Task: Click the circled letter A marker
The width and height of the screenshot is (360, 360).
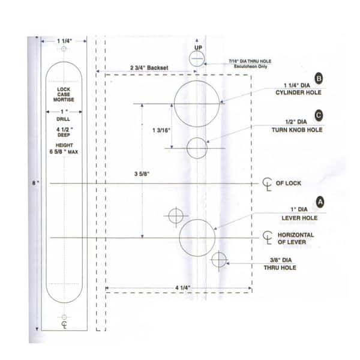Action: point(320,202)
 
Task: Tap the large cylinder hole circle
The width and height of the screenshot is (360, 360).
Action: point(197,103)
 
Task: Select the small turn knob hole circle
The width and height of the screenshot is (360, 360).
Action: point(197,148)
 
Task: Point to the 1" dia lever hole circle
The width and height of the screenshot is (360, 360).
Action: point(197,236)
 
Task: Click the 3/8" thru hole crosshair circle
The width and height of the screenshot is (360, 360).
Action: point(219,260)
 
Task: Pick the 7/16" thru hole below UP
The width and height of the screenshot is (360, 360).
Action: point(197,58)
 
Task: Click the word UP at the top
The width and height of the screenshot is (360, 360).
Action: point(198,47)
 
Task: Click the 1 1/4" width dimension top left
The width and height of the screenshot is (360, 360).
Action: point(65,41)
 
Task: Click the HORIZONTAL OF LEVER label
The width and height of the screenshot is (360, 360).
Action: point(295,238)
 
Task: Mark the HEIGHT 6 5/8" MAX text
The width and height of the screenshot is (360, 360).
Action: point(65,148)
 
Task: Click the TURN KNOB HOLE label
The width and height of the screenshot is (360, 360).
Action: point(299,130)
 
